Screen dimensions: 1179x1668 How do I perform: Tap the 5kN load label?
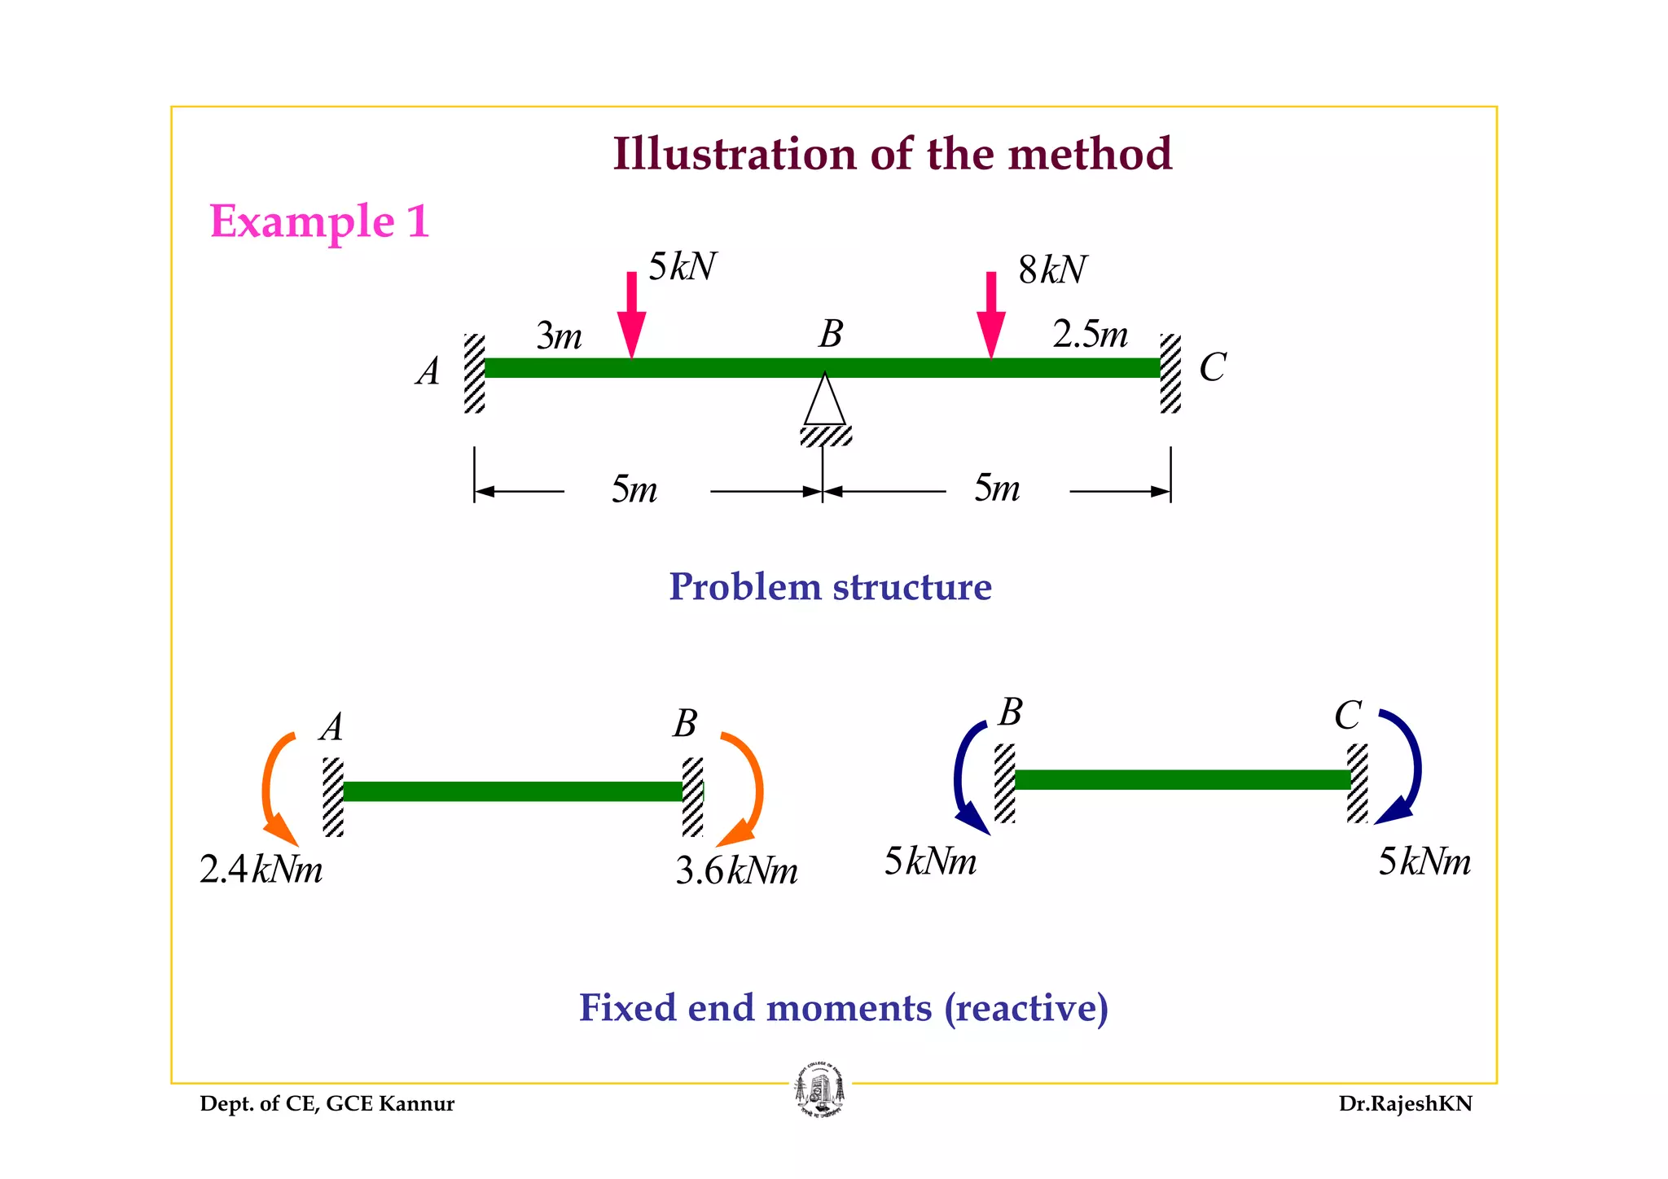[682, 267]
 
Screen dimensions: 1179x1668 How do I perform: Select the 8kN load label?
[1051, 270]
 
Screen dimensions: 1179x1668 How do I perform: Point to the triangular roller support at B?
[825, 401]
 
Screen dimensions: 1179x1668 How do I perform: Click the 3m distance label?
[559, 335]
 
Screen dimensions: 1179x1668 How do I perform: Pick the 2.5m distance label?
[1090, 334]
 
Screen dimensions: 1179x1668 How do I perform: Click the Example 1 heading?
[319, 221]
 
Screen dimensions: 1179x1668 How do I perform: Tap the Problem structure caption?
[830, 587]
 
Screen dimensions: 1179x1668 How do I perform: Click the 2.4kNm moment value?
[261, 870]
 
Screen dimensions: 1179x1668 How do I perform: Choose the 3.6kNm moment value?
[736, 871]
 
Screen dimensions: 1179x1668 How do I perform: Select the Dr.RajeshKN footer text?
[1405, 1104]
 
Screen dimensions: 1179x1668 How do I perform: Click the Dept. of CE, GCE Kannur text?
[327, 1104]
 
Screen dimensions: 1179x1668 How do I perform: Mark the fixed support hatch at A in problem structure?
[474, 373]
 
